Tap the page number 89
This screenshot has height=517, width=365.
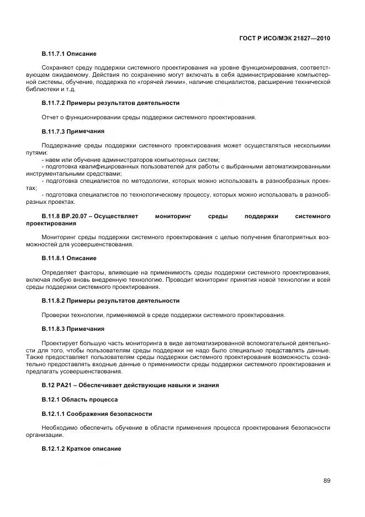tap(327, 480)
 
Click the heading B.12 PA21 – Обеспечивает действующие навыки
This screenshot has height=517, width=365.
tap(130, 385)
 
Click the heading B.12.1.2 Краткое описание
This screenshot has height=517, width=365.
tap(81, 449)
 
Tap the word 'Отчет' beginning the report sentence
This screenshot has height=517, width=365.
tap(50, 117)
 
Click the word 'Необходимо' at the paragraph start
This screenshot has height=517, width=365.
tap(59, 428)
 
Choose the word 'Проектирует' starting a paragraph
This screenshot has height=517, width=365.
tap(59, 343)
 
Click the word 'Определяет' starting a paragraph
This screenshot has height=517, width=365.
tap(59, 272)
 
